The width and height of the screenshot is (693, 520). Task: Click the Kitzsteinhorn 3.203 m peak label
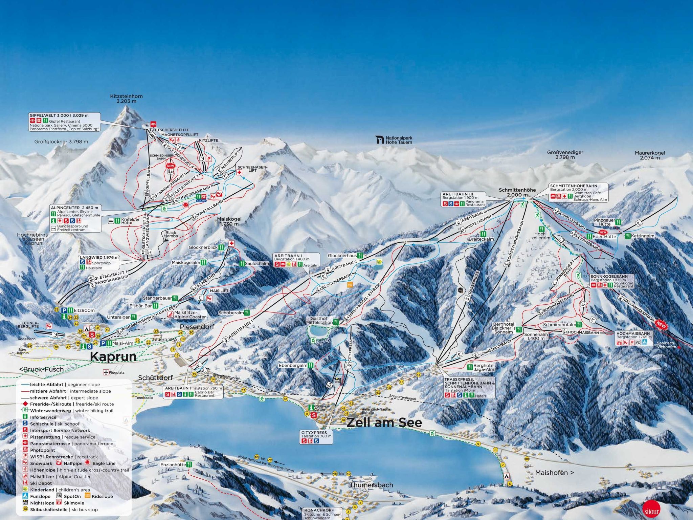coord(126,99)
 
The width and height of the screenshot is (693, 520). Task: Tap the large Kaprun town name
coord(113,356)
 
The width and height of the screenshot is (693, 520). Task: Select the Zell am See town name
coord(384,422)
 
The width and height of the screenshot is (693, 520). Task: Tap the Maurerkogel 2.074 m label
coord(650,155)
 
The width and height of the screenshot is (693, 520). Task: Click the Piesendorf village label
coord(197,327)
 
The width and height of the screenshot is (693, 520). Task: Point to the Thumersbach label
coord(371,485)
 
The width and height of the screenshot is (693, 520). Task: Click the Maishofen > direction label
coord(554,473)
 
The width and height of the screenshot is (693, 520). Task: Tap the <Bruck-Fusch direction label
coord(41,369)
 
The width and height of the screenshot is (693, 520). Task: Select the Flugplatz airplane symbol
coord(106,372)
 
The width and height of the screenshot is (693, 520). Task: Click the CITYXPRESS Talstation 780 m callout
coord(316,437)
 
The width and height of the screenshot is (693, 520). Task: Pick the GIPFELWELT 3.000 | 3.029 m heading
coord(59,115)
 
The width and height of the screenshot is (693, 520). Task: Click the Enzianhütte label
coord(173,465)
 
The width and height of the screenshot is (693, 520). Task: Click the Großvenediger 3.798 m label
coord(565,155)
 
